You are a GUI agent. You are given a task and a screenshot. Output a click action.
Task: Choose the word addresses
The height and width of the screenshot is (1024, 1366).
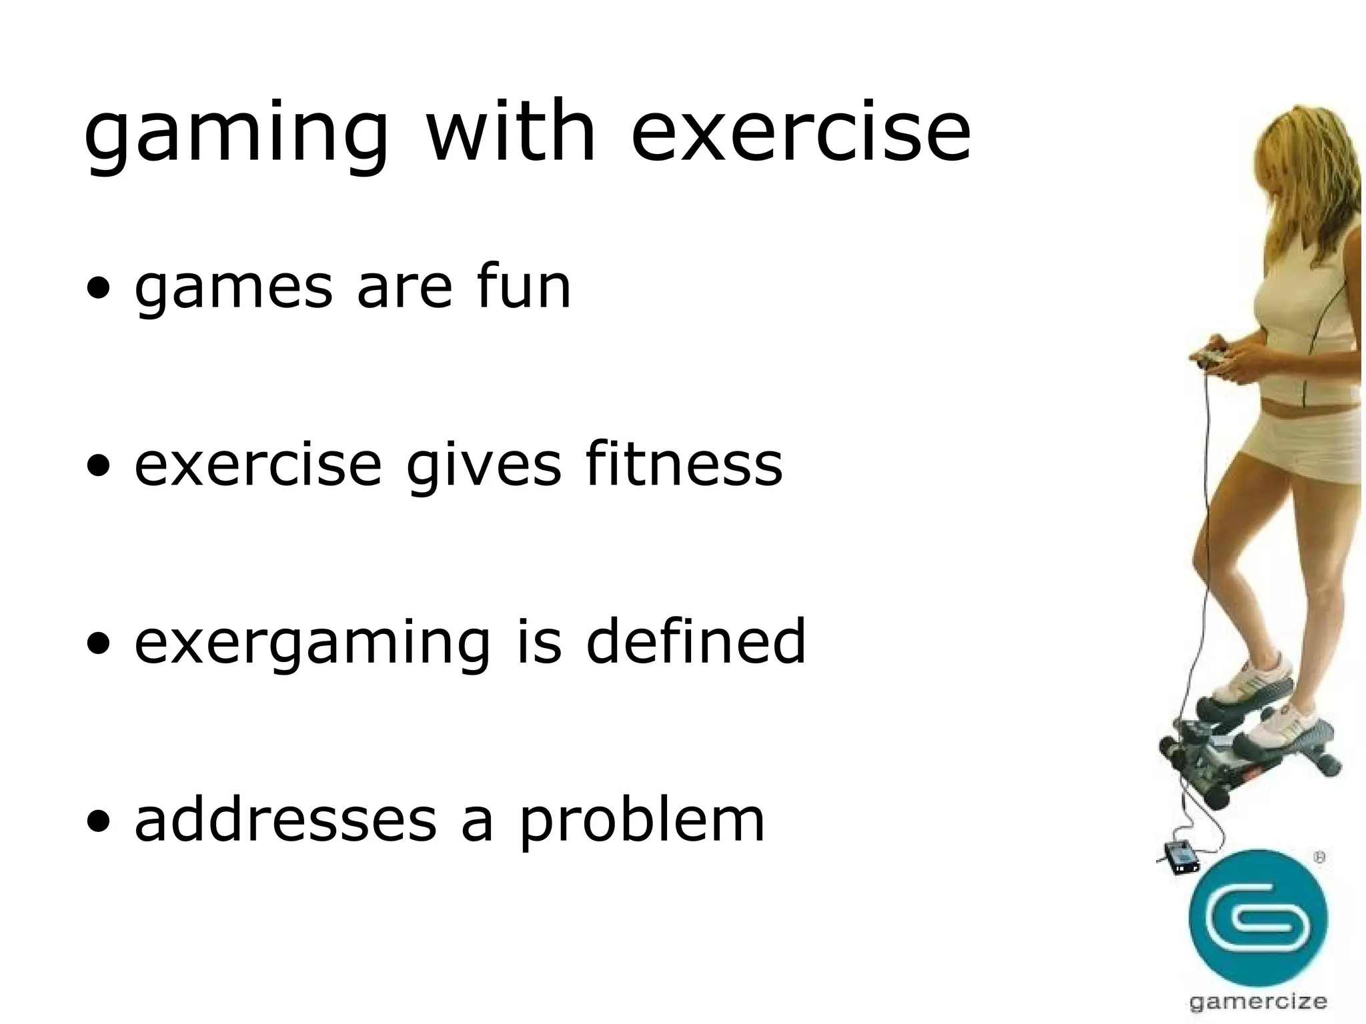pos(285,820)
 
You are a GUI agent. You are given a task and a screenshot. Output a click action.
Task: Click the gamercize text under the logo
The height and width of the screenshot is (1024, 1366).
pos(1258,1001)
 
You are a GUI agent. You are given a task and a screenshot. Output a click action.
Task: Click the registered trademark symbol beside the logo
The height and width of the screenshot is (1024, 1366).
pos(1319,859)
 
